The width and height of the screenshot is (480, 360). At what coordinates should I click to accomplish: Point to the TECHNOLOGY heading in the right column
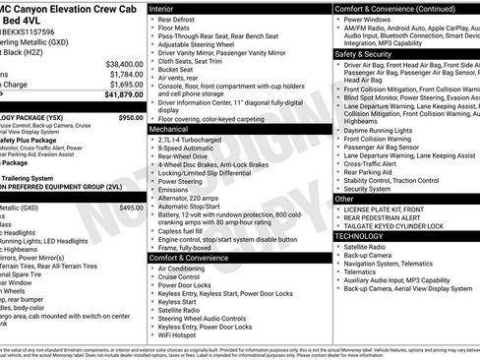tap(366, 236)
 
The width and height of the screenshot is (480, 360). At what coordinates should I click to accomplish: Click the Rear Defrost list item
tap(181, 19)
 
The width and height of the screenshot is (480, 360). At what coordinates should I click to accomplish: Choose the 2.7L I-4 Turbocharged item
tap(197, 141)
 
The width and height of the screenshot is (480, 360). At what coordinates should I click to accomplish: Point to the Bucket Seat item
tap(179, 70)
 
